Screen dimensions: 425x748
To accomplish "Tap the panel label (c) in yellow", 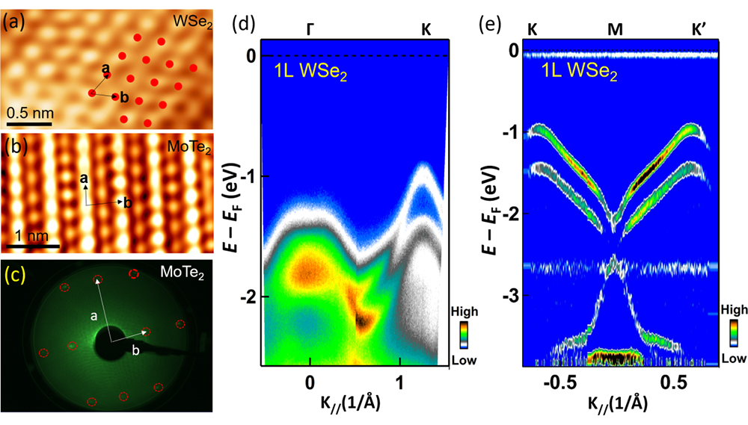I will (x=16, y=274).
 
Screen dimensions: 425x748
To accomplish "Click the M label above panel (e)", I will (x=614, y=27).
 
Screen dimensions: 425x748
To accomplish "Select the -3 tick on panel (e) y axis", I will (x=509, y=297).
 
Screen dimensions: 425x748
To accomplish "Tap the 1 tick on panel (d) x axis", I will (x=401, y=380).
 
